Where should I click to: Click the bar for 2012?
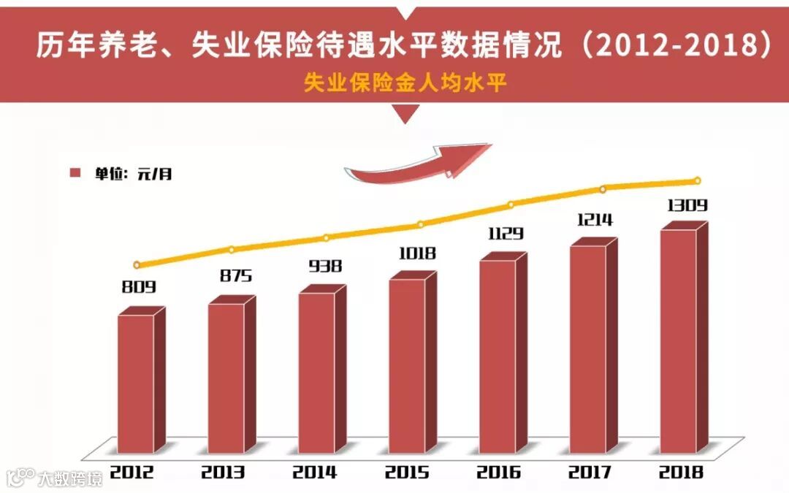click(137, 383)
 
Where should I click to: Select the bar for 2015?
click(408, 365)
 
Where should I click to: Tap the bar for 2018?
click(679, 341)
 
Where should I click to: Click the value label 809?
click(139, 287)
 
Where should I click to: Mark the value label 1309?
click(687, 205)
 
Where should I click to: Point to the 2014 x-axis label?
click(315, 472)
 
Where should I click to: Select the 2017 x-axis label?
click(589, 472)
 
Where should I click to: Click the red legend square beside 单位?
click(75, 173)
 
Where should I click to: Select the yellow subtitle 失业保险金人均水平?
click(406, 83)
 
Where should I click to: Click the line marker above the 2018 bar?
click(697, 180)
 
